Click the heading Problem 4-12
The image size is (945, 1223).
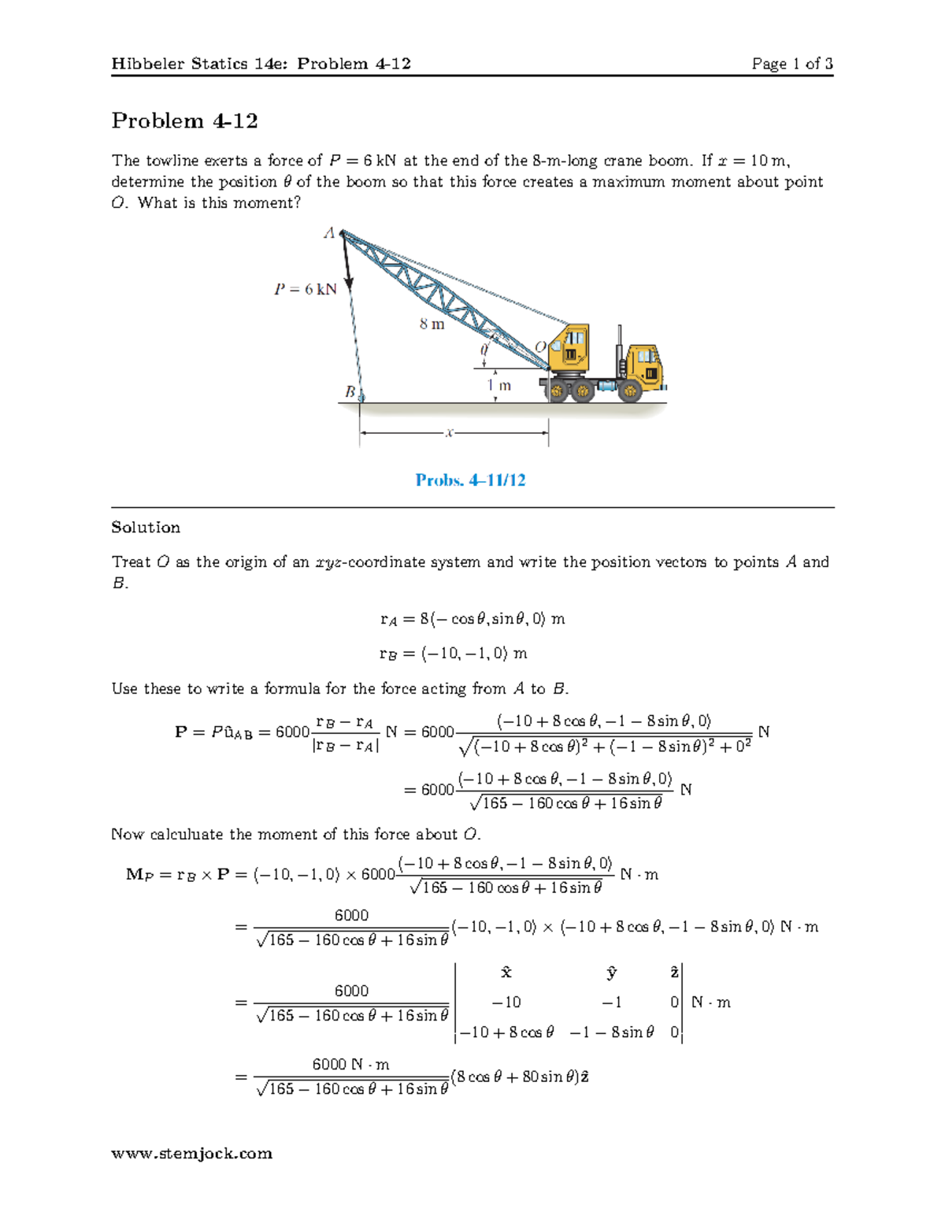click(184, 120)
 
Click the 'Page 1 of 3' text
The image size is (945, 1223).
click(791, 64)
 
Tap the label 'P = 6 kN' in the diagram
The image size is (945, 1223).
click(305, 289)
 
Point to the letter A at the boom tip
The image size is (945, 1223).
click(329, 232)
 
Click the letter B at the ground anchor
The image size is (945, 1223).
click(350, 391)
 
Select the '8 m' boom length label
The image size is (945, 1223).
click(432, 324)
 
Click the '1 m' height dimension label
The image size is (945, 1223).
click(499, 385)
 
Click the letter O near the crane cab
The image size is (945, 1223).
click(540, 347)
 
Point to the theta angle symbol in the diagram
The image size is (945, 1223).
click(484, 347)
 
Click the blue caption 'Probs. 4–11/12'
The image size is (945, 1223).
click(470, 480)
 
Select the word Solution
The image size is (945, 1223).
click(146, 527)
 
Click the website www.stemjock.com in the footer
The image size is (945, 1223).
click(191, 1153)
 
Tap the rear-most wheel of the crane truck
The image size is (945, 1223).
click(556, 390)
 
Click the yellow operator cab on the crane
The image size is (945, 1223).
click(569, 347)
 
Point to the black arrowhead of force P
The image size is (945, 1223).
click(348, 282)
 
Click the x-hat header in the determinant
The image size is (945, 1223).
click(506, 973)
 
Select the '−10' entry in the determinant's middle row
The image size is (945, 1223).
click(506, 1002)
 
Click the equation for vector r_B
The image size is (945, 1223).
click(453, 653)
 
